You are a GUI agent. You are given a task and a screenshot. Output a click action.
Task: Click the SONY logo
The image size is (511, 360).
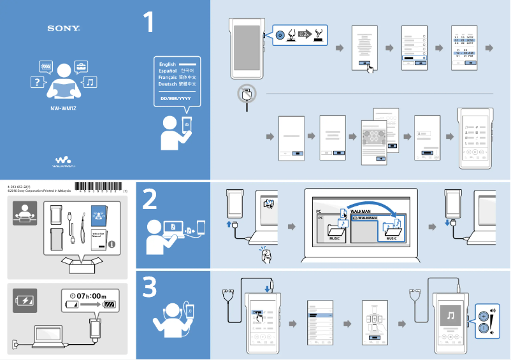click(x=64, y=29)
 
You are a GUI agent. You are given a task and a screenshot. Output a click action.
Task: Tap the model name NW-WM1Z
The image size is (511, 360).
click(x=64, y=108)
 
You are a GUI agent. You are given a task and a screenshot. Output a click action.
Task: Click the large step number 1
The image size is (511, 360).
click(x=148, y=22)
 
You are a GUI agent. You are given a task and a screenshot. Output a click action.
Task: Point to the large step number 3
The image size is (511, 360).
click(x=150, y=288)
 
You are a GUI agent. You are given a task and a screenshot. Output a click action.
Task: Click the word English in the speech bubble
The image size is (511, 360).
click(x=168, y=64)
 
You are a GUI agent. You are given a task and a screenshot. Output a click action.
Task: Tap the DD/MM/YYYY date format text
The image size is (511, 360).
click(x=176, y=99)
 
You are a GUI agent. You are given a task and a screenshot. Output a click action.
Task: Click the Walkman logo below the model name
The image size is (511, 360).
click(x=64, y=161)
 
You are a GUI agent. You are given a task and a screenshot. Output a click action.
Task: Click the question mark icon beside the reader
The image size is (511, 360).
click(x=38, y=82)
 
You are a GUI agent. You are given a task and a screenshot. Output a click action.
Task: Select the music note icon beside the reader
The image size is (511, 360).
click(x=90, y=82)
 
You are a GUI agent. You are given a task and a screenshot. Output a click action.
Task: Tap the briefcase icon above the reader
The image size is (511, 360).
click(x=81, y=66)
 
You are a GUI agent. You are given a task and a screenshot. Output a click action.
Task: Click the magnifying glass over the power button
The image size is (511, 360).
click(x=247, y=93)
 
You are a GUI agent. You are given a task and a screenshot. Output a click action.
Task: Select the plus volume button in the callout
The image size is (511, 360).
click(x=484, y=315)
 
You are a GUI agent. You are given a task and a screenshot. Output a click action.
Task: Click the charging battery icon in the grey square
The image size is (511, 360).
click(x=25, y=301)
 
